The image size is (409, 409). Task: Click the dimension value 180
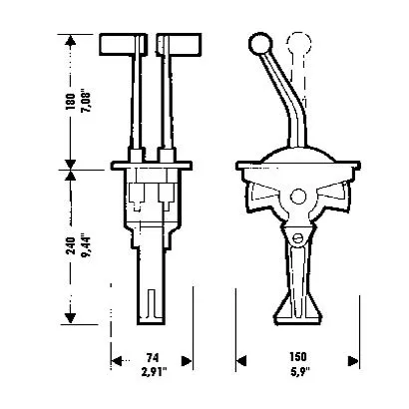[71, 102]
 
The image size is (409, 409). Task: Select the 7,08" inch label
[86, 101]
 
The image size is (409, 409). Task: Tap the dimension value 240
[71, 245]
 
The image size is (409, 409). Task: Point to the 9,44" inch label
[86, 246]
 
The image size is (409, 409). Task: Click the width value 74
[153, 358]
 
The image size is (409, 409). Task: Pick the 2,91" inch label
[154, 372]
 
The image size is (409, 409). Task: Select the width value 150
[298, 357]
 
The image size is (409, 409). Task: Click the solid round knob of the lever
[260, 44]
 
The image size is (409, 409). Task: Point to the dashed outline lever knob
[299, 42]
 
